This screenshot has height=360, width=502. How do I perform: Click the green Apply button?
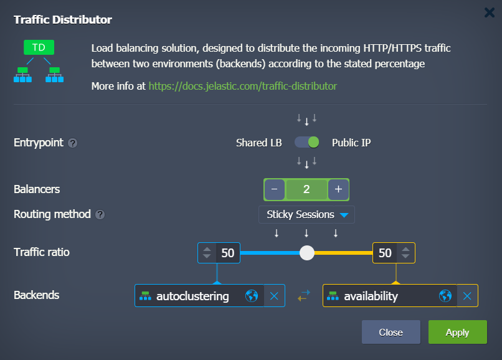(457, 332)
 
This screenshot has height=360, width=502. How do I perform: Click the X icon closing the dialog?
(490, 12)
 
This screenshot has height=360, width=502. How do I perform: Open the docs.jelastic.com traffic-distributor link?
(242, 86)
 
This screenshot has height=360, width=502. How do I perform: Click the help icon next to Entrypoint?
(73, 143)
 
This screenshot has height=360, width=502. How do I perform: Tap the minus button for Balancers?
(275, 189)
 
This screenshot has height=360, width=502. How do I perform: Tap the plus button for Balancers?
(338, 189)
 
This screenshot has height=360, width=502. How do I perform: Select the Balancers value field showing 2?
(306, 189)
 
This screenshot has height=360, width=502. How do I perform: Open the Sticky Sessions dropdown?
(307, 215)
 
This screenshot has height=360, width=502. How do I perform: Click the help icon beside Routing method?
(100, 215)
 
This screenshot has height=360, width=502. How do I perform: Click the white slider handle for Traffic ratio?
(306, 253)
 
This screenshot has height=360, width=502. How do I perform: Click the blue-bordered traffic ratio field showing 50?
(227, 253)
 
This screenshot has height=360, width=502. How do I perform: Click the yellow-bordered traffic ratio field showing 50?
(385, 253)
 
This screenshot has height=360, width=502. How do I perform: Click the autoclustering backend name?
(192, 296)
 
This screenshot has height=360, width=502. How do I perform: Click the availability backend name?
(371, 296)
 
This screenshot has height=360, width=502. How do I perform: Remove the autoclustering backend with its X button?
(274, 296)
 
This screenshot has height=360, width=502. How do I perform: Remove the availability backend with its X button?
(467, 296)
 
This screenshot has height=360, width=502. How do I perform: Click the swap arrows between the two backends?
(303, 296)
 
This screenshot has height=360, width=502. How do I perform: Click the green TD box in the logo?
(39, 47)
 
